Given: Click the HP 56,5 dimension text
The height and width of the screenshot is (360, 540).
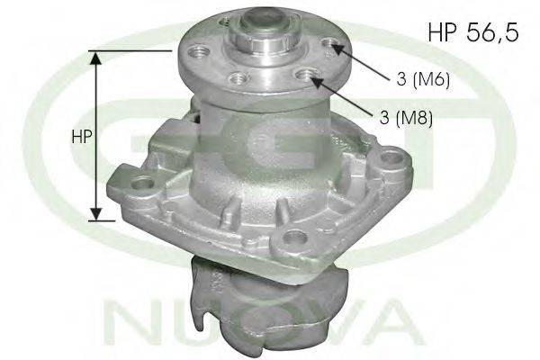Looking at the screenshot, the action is [x=473, y=32].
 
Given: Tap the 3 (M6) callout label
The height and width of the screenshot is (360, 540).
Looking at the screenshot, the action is [x=423, y=79].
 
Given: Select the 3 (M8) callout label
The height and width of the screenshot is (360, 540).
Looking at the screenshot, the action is [x=406, y=118].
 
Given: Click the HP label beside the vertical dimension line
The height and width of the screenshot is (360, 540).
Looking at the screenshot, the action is [x=82, y=137].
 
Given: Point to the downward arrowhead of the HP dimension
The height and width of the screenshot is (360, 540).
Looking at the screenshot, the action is [x=96, y=214].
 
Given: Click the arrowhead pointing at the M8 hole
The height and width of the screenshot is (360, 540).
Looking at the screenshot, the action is [x=318, y=81].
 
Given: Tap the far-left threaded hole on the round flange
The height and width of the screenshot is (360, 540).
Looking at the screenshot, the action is [x=200, y=53].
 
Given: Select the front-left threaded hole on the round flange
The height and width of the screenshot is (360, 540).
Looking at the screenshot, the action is [x=238, y=77].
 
